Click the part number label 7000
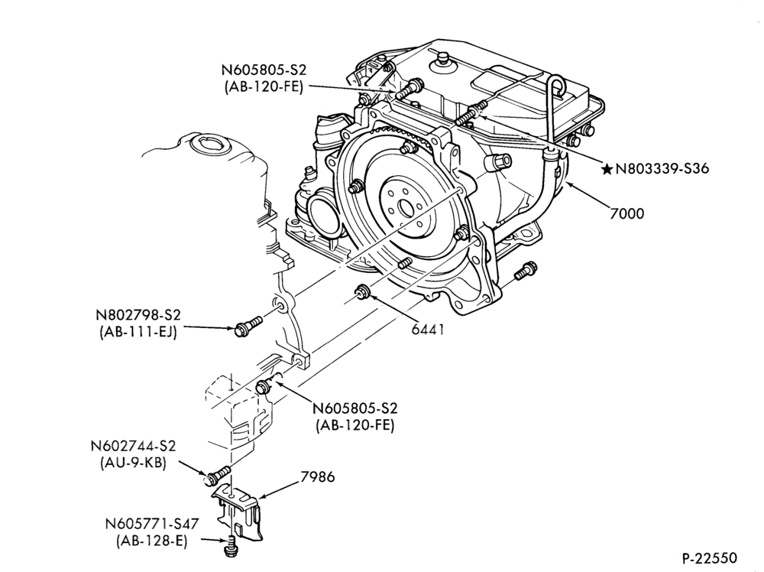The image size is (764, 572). point(626,213)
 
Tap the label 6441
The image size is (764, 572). point(428,330)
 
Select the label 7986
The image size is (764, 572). point(318,476)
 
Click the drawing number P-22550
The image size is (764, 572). point(709,557)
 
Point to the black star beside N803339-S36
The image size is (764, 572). point(607,169)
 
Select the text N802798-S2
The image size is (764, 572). point(134,314)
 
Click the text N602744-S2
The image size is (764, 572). point(132,446)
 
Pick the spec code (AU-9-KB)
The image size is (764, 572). point(132,463)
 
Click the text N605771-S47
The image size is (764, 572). point(151,524)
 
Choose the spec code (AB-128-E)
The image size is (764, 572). point(151,541)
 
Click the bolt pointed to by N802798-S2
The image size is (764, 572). point(248,325)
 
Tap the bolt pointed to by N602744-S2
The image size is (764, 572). point(218,474)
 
